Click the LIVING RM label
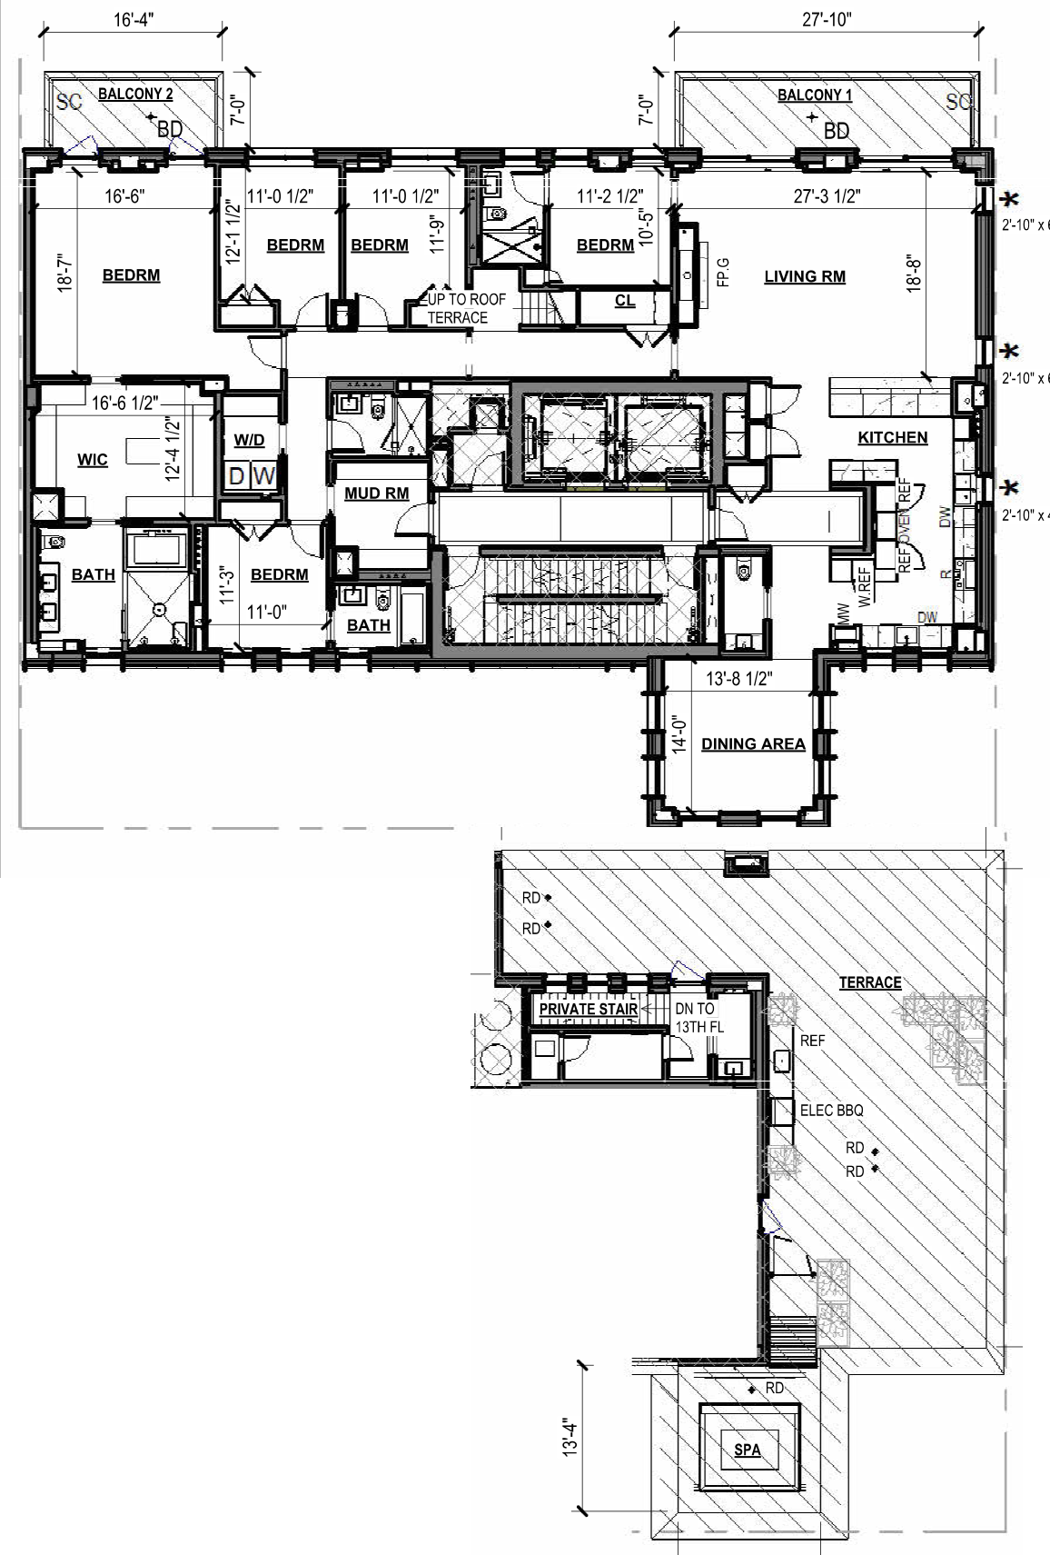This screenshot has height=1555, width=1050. [804, 276]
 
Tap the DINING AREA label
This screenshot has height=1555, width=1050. [753, 744]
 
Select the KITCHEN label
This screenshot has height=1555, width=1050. [893, 437]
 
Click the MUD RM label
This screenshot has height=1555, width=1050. [376, 493]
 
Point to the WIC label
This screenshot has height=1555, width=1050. [92, 460]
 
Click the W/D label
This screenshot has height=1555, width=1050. [249, 441]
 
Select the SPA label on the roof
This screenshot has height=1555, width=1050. [747, 1450]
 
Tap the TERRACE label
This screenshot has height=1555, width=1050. [869, 982]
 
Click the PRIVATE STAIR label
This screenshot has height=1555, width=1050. [588, 1009]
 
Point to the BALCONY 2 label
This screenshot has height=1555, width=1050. [135, 94]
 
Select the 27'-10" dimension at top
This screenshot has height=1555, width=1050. [827, 20]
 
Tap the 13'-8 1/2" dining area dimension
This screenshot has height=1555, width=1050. [738, 679]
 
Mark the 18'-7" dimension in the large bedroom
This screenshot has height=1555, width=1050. [64, 278]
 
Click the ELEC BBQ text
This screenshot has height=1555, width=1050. [831, 1111]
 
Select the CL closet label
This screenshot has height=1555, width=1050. [624, 301]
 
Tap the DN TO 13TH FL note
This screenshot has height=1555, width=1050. [695, 1017]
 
